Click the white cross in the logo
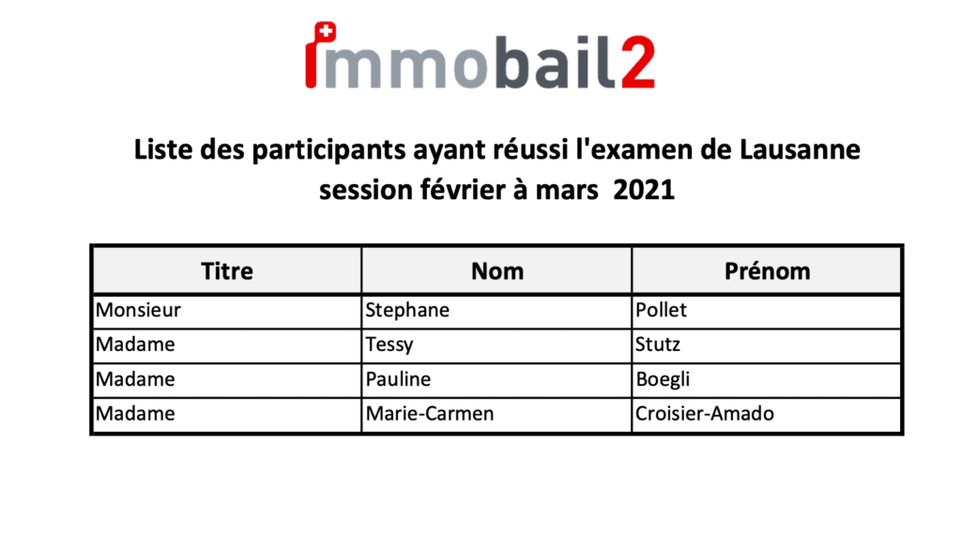327,30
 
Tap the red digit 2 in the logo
638,62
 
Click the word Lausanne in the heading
800,149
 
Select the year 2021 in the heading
644,190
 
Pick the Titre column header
227,271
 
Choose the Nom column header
497,271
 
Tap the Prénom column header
768,271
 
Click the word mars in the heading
567,191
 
